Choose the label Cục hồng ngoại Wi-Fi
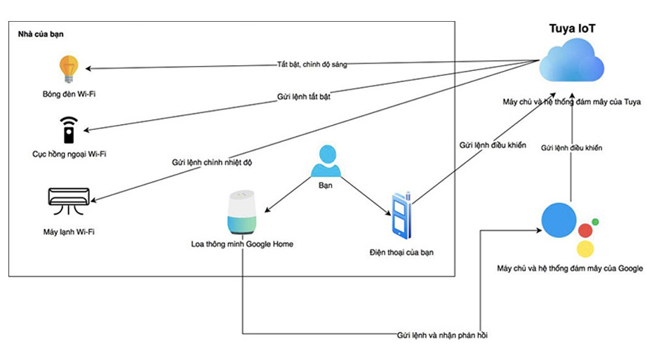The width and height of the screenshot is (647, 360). coord(69,154)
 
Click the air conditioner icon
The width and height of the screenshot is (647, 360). coord(69,199)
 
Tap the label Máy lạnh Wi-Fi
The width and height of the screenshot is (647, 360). coord(69,231)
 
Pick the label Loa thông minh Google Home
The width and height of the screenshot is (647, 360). coord(242,244)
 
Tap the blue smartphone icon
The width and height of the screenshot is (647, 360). coord(401,214)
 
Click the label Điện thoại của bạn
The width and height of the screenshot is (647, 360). coord(401,252)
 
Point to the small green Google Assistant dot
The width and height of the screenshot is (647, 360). coord(595,222)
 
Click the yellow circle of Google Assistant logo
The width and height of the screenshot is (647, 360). coord(585,248)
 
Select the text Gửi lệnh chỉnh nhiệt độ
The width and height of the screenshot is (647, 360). coord(211,162)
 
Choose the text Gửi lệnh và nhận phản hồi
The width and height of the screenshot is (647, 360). coord(441,335)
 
